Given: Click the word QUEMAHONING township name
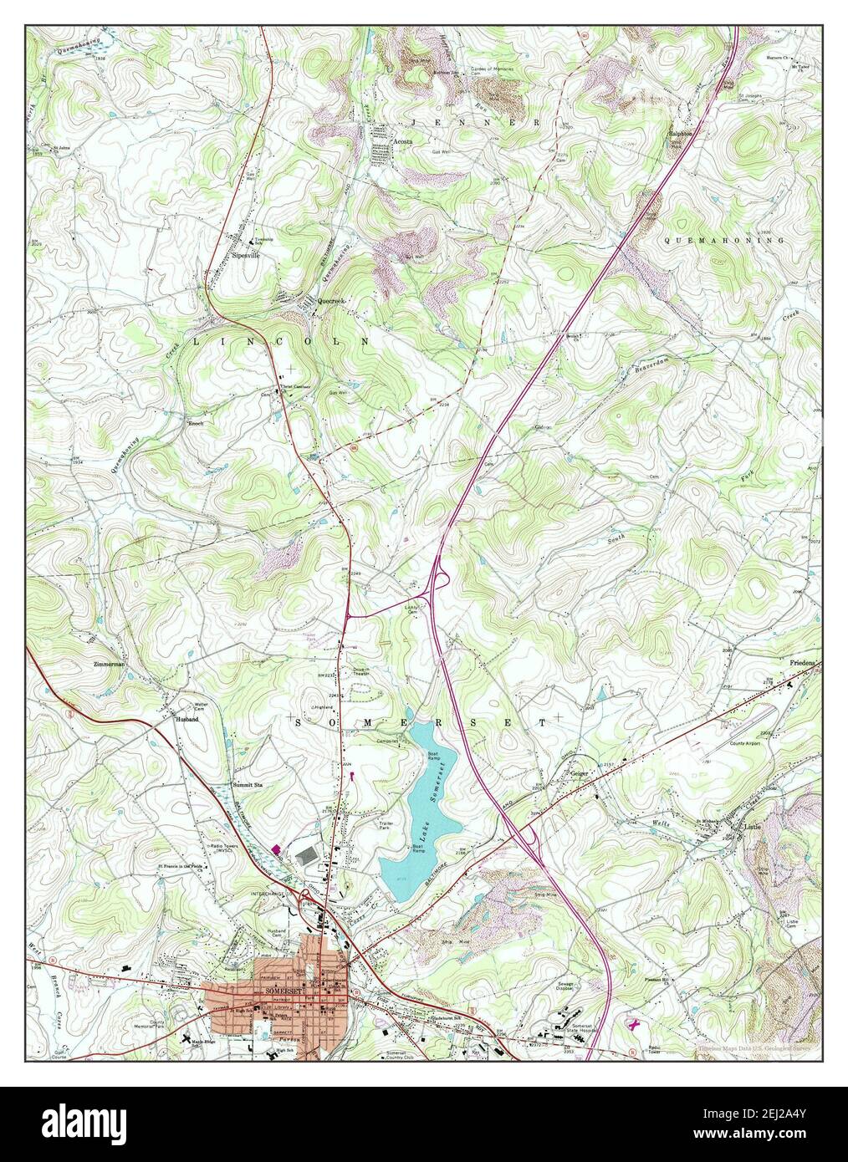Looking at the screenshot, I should click(724, 240).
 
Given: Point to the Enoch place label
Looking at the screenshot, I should click(195, 423).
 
